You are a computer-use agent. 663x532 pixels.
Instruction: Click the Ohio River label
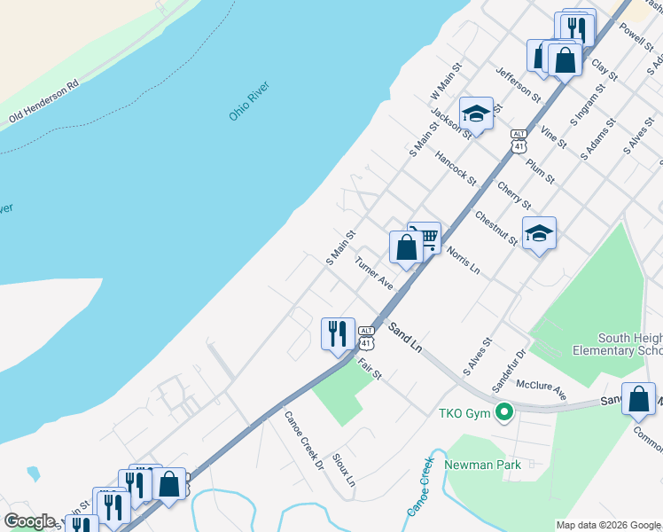249,102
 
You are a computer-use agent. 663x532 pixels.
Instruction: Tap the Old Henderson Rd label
43,101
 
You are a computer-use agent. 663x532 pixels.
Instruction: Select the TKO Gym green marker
504,411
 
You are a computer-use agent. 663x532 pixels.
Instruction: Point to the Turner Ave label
374,273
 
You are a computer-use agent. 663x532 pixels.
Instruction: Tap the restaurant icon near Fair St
338,334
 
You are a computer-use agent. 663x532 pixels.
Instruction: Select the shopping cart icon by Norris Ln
427,237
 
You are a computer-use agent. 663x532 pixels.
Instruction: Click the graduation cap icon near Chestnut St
539,233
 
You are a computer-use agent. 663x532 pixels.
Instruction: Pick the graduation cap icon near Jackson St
476,113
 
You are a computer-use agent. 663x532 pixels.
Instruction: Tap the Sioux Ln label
344,470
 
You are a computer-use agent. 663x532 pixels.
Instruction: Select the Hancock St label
456,168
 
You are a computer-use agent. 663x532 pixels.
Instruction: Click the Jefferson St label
518,82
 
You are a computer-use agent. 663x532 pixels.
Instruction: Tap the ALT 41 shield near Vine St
519,139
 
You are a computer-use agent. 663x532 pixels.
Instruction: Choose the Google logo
30,521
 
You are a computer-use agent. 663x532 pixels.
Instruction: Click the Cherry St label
514,195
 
